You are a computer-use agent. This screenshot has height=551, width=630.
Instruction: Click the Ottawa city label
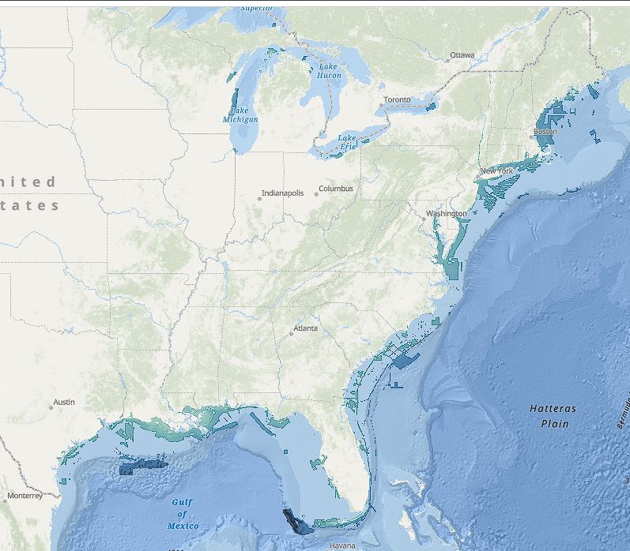pos(462,56)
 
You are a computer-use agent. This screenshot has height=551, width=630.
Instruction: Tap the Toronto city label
pos(397,100)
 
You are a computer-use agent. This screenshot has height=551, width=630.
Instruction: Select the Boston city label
pos(545,132)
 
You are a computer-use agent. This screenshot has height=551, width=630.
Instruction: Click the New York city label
pos(496,171)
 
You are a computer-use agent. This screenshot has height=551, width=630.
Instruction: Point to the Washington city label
pos(447,214)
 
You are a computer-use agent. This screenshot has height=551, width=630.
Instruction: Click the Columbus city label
pos(337,189)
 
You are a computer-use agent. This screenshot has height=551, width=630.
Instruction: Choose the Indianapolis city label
pos(283,193)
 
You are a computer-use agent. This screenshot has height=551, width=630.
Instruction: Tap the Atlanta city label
pos(306,328)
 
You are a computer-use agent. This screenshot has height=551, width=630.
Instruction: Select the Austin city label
pos(64,402)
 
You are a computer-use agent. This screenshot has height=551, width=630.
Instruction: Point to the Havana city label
pos(342,545)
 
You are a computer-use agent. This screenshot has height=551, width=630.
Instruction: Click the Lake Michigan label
pos(240,115)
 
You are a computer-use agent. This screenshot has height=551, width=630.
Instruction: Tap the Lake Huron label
pos(330,71)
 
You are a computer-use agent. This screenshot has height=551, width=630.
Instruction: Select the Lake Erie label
pos(348,142)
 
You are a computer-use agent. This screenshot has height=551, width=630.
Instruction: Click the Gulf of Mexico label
pos(183,514)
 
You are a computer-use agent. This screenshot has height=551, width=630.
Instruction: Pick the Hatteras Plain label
pos(553,416)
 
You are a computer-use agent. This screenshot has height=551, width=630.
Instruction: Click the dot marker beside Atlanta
pos(291,333)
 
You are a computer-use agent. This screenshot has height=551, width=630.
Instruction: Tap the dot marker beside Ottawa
pos(447,60)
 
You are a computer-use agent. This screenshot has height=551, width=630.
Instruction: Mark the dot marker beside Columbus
pos(315,193)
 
